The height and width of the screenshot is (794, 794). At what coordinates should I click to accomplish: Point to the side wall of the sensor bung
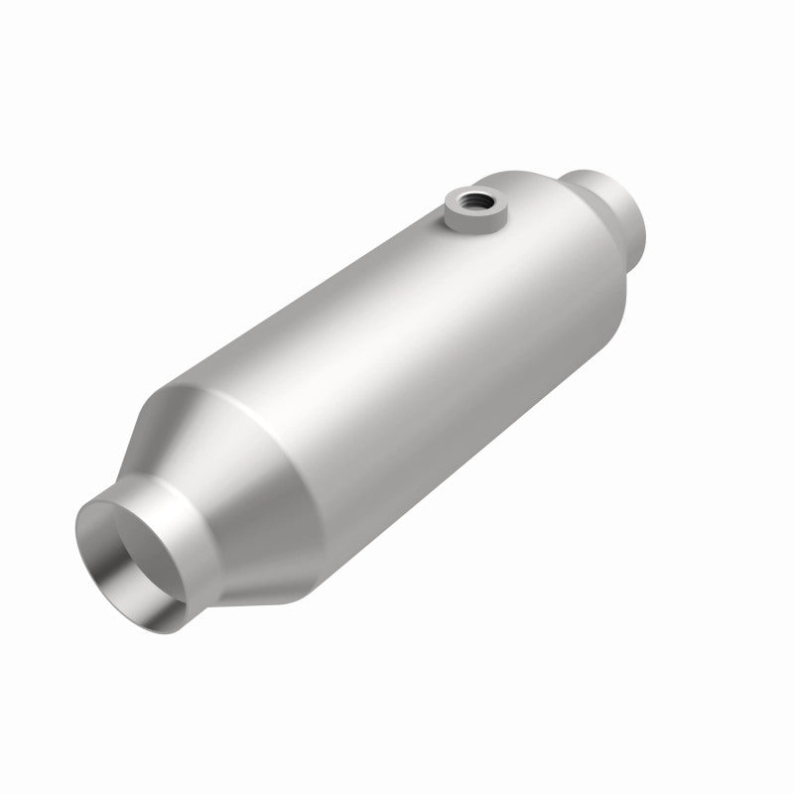(x=465, y=219)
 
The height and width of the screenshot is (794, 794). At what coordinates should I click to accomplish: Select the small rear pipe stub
(x=615, y=208)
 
